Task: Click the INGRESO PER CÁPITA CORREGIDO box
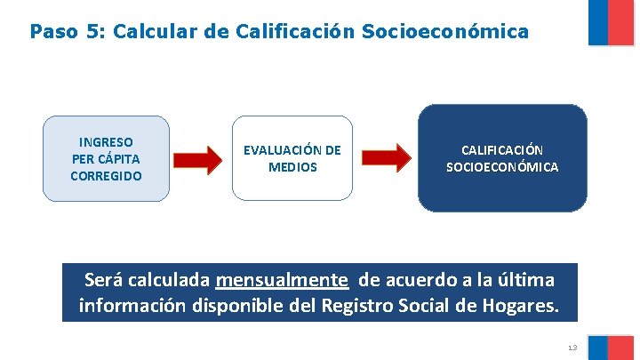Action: [x=106, y=158]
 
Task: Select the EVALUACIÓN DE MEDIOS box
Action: [x=292, y=158]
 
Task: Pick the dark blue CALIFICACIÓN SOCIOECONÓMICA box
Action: [x=502, y=158]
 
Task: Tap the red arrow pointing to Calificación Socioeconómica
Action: [x=387, y=159]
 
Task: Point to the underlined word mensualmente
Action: [x=282, y=280]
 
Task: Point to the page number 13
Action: [x=572, y=347]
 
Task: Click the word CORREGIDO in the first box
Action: [x=106, y=176]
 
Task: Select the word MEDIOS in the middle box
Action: [x=292, y=167]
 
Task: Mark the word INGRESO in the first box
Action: [x=106, y=141]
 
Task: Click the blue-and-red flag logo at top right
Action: [x=611, y=21]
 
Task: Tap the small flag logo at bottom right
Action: [x=611, y=347]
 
